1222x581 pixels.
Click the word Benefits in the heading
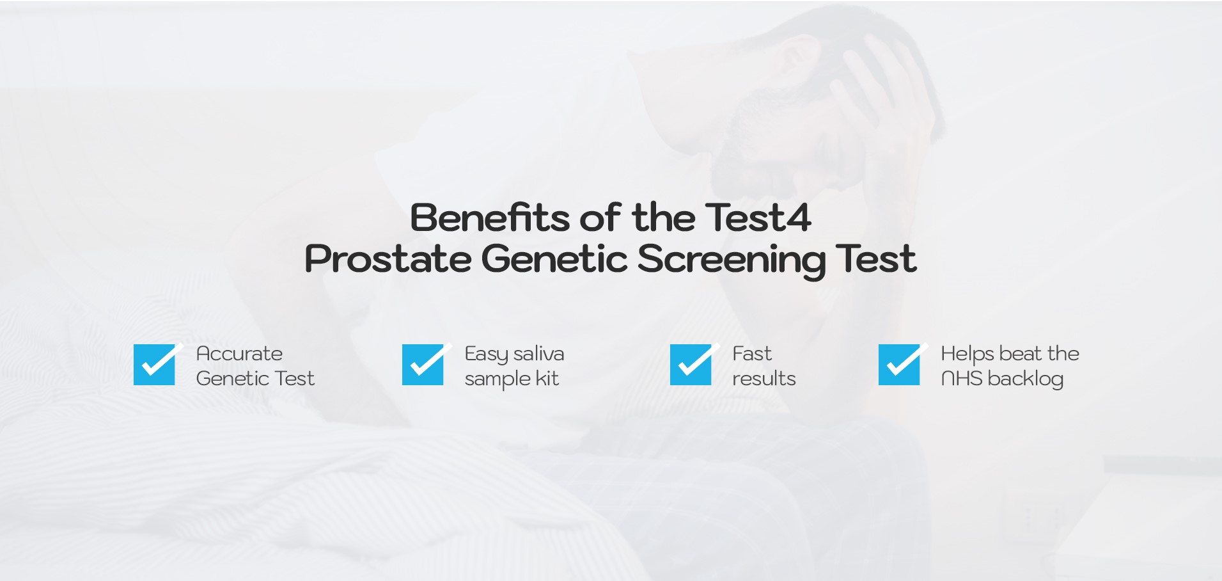click(x=489, y=218)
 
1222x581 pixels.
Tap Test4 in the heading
click(x=758, y=218)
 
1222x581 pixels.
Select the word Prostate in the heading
click(x=388, y=259)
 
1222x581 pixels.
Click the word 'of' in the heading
click(x=600, y=218)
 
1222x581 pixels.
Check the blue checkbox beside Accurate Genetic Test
click(x=154, y=365)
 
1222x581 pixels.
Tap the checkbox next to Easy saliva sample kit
click(x=423, y=365)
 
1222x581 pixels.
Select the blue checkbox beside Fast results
click(x=691, y=365)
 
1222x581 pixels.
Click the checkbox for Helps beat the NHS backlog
click(x=899, y=365)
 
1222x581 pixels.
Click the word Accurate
click(x=239, y=354)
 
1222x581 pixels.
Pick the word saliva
click(x=538, y=354)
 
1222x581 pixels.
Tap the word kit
click(x=547, y=378)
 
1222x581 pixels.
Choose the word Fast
click(x=752, y=354)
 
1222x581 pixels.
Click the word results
click(x=764, y=379)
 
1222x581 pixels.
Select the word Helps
click(x=967, y=354)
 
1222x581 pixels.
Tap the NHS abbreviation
click(x=962, y=379)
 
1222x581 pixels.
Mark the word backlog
click(x=1026, y=379)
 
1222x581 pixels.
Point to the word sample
click(x=497, y=379)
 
